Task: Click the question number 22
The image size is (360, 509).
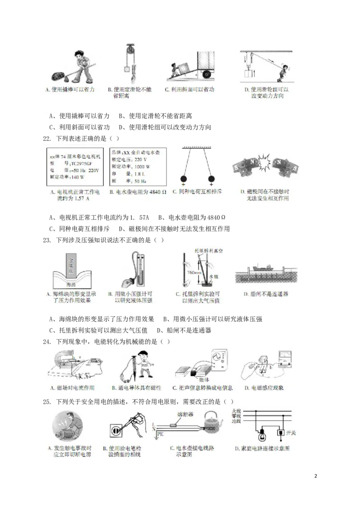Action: [47, 139]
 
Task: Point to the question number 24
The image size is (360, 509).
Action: [47, 342]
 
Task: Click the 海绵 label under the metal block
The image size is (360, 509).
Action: [72, 285]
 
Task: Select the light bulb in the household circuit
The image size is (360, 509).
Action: [261, 434]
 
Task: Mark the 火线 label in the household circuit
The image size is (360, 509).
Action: [236, 411]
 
